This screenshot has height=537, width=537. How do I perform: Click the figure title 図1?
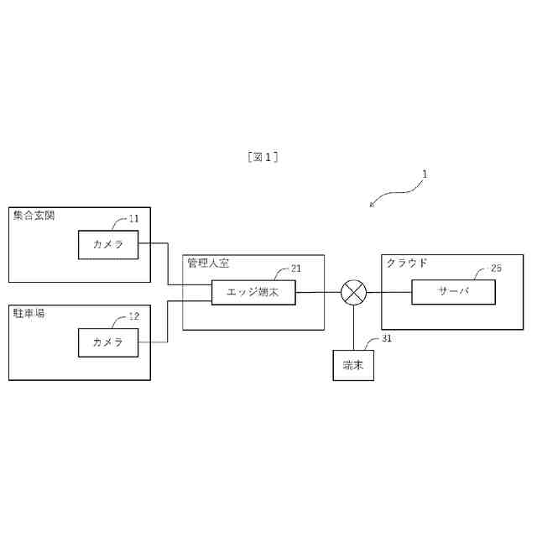pyautogui.click(x=263, y=157)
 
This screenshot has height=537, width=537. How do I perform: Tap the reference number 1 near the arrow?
pyautogui.click(x=425, y=175)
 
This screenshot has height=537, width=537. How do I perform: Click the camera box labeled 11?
pyautogui.click(x=108, y=244)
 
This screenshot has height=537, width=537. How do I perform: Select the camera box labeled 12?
pyautogui.click(x=108, y=341)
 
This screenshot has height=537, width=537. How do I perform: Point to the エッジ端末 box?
pyautogui.click(x=253, y=293)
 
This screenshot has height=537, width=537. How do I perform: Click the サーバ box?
pyautogui.click(x=452, y=293)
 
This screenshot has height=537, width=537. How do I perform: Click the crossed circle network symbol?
pyautogui.click(x=353, y=293)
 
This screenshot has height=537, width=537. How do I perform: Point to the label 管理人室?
pyautogui.click(x=208, y=263)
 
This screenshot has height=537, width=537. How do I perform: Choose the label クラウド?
pyautogui.click(x=407, y=263)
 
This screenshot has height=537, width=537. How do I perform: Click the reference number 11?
pyautogui.click(x=133, y=219)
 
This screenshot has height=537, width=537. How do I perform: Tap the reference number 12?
pyautogui.click(x=133, y=316)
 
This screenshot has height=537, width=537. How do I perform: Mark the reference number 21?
pyautogui.click(x=295, y=268)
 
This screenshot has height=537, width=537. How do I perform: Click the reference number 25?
pyautogui.click(x=496, y=268)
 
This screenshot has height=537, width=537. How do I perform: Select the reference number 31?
pyautogui.click(x=386, y=338)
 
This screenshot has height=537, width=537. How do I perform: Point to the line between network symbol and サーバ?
pyautogui.click(x=389, y=293)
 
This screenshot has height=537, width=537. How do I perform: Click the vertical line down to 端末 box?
pyautogui.click(x=353, y=328)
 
